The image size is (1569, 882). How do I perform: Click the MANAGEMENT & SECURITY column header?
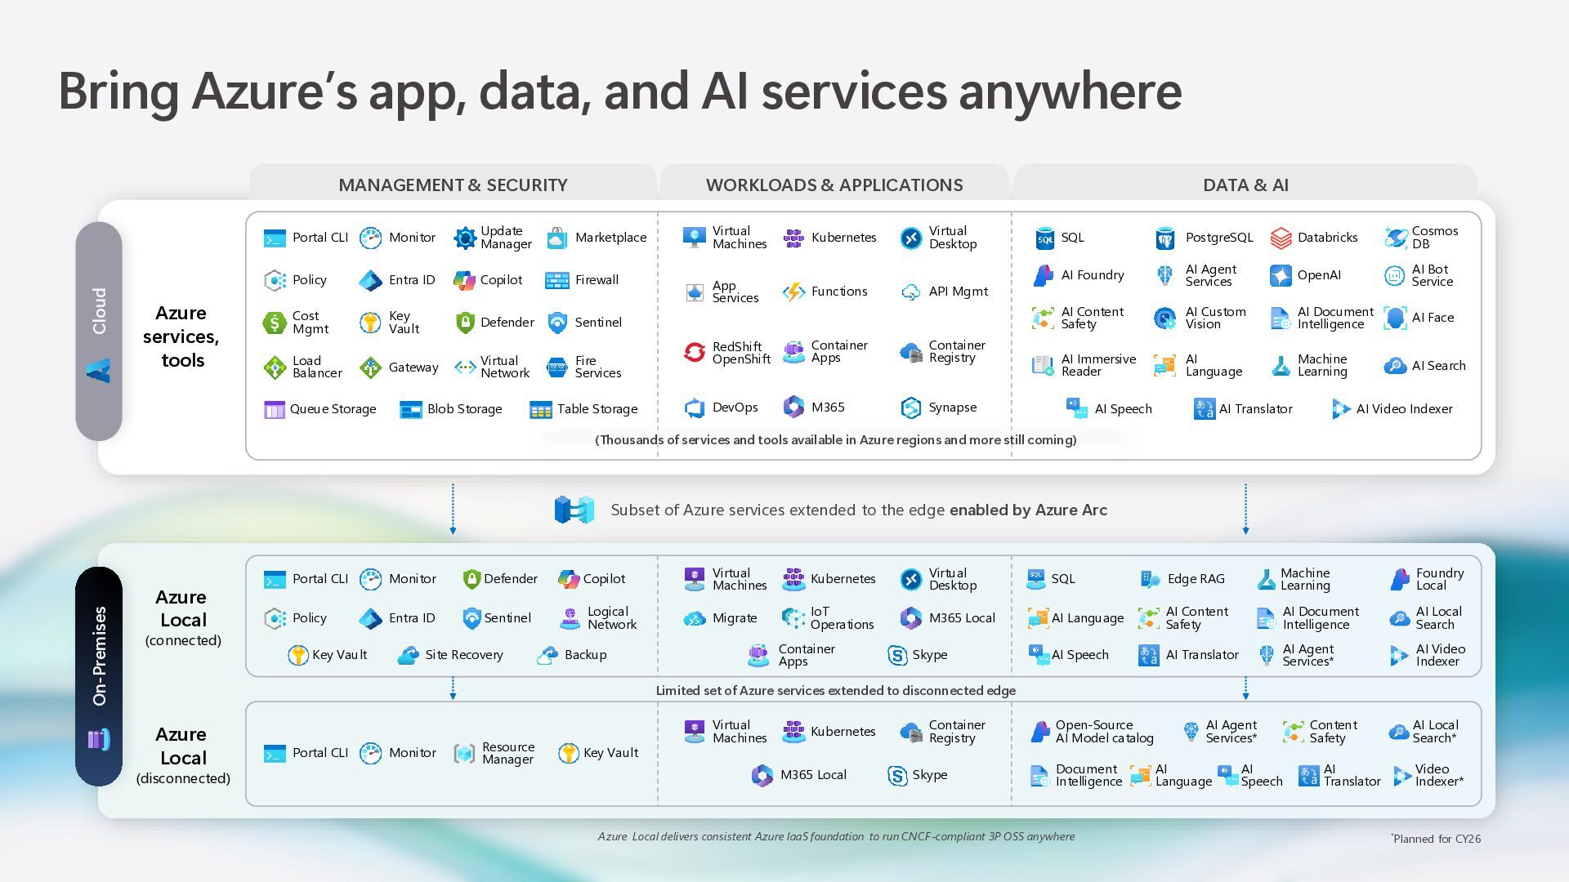(x=453, y=185)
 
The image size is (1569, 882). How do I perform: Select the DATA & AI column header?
(x=1245, y=185)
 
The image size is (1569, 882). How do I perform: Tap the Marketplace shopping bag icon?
(x=557, y=238)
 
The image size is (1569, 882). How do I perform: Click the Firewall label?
(x=597, y=280)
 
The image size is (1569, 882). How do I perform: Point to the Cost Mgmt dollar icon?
(x=275, y=323)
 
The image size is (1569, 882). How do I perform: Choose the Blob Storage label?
(x=464, y=409)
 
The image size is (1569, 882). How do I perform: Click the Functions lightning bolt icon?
(x=793, y=292)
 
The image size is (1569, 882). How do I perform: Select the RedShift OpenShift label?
(x=741, y=353)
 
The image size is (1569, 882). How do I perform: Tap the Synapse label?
(x=952, y=408)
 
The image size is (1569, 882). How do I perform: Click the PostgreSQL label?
(x=1218, y=238)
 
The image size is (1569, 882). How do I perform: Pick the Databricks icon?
(x=1281, y=238)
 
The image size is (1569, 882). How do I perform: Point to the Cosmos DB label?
(x=1434, y=238)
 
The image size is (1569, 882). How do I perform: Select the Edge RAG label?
(x=1196, y=579)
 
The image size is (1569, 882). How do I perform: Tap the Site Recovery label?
(x=463, y=655)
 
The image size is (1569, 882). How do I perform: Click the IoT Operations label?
(x=842, y=618)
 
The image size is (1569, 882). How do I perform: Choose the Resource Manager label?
(x=507, y=753)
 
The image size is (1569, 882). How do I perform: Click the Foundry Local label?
(x=1439, y=579)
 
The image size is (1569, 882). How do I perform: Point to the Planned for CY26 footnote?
(x=1436, y=839)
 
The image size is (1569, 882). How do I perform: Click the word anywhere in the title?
(x=1070, y=91)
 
